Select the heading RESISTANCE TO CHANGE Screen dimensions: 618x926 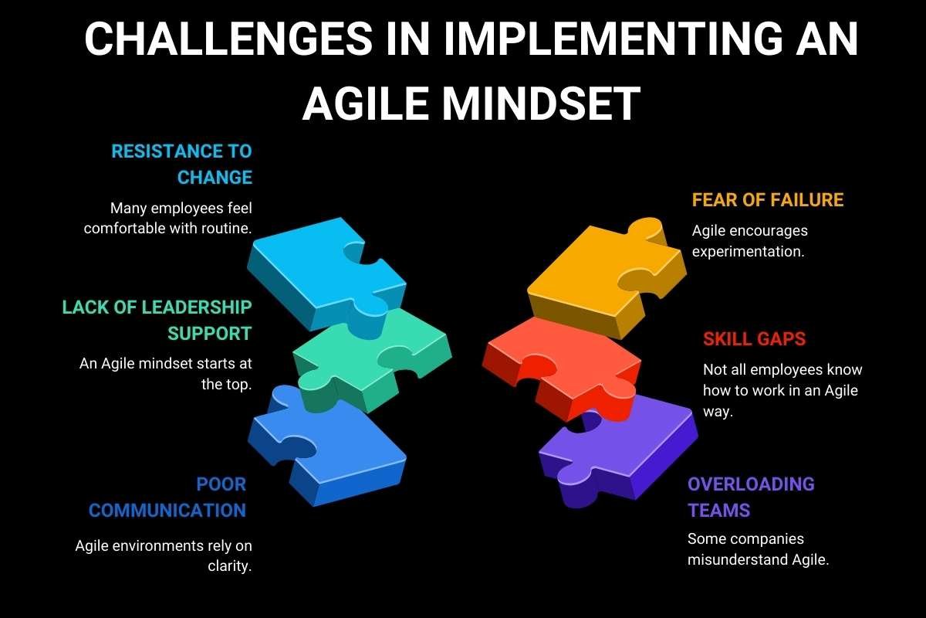tap(182, 164)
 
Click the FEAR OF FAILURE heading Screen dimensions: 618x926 tap(768, 200)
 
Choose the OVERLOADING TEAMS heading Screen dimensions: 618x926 tap(751, 497)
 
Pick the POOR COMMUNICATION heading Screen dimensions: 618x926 tap(168, 497)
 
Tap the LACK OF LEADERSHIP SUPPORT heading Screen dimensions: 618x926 tap(157, 320)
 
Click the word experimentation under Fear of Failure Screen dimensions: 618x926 tap(748, 252)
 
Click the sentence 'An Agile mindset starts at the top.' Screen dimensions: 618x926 tap(166, 373)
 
